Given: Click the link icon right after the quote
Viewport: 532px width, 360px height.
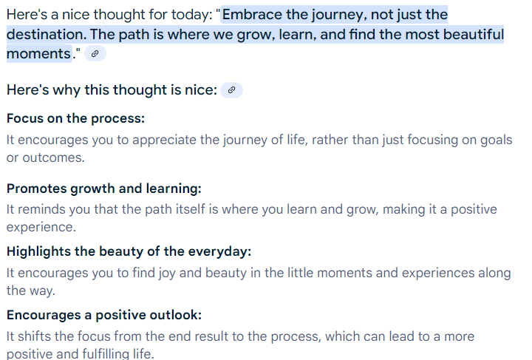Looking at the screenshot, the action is coord(95,54).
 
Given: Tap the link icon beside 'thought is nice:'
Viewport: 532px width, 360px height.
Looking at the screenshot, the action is coord(232,90).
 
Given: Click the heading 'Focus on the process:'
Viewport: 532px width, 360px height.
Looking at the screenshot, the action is coord(75,118).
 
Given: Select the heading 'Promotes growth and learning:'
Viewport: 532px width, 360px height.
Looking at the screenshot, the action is coord(104,189).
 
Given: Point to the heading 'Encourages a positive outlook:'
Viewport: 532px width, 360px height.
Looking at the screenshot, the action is coord(104,315).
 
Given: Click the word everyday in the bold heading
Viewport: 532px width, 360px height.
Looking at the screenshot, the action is coord(219,251).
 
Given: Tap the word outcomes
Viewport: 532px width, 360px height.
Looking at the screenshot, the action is coord(53,157).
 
